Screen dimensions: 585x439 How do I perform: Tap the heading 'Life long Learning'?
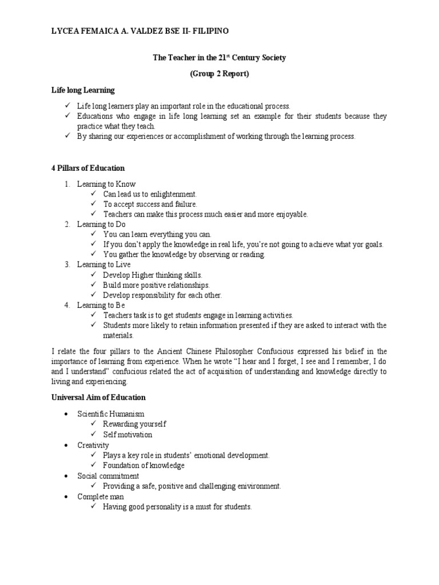point(82,90)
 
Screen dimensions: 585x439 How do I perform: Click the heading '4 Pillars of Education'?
point(87,169)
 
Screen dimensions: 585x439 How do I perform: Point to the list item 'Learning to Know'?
point(106,184)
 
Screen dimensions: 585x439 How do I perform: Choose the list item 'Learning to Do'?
point(101,225)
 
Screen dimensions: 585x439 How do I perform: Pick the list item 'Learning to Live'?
point(103,265)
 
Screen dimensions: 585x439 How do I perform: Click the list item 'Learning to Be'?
point(101,305)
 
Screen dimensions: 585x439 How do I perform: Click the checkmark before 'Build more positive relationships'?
point(94,285)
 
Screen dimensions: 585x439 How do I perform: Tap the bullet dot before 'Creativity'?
point(67,445)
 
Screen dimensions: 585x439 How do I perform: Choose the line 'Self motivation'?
point(127,435)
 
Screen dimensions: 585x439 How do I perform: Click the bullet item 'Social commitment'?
point(108,476)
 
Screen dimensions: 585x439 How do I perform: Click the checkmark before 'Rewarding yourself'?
point(94,424)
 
